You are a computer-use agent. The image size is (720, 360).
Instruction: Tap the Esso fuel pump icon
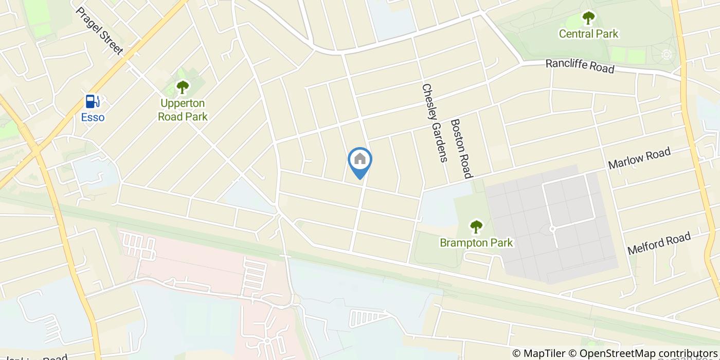pyautogui.click(x=93, y=101)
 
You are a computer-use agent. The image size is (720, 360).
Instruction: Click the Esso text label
pyautogui.click(x=93, y=117)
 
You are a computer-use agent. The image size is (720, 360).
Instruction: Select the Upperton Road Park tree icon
pyautogui.click(x=182, y=86)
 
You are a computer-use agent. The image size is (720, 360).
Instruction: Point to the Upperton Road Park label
pyautogui.click(x=183, y=110)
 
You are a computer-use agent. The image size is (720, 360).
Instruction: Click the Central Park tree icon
pyautogui.click(x=588, y=18)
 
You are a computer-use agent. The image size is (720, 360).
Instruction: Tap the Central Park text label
pyautogui.click(x=588, y=34)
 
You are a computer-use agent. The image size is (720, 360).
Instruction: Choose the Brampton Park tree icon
pyautogui.click(x=476, y=226)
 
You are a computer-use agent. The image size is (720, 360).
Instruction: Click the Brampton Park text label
pyautogui.click(x=476, y=242)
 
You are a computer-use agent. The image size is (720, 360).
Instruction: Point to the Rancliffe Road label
pyautogui.click(x=580, y=66)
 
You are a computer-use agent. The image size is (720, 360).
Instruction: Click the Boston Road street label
pyautogui.click(x=461, y=149)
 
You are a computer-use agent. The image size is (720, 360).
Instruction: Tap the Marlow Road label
pyautogui.click(x=639, y=158)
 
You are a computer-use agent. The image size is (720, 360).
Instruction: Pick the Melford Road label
pyautogui.click(x=659, y=244)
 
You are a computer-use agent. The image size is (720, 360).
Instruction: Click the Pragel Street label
pyautogui.click(x=99, y=30)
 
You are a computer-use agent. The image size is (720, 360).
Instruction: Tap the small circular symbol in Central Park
pyautogui.click(x=667, y=54)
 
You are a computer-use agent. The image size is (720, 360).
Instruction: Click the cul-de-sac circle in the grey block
pyautogui.click(x=552, y=229)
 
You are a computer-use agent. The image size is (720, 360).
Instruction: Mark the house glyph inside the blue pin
pyautogui.click(x=360, y=159)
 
